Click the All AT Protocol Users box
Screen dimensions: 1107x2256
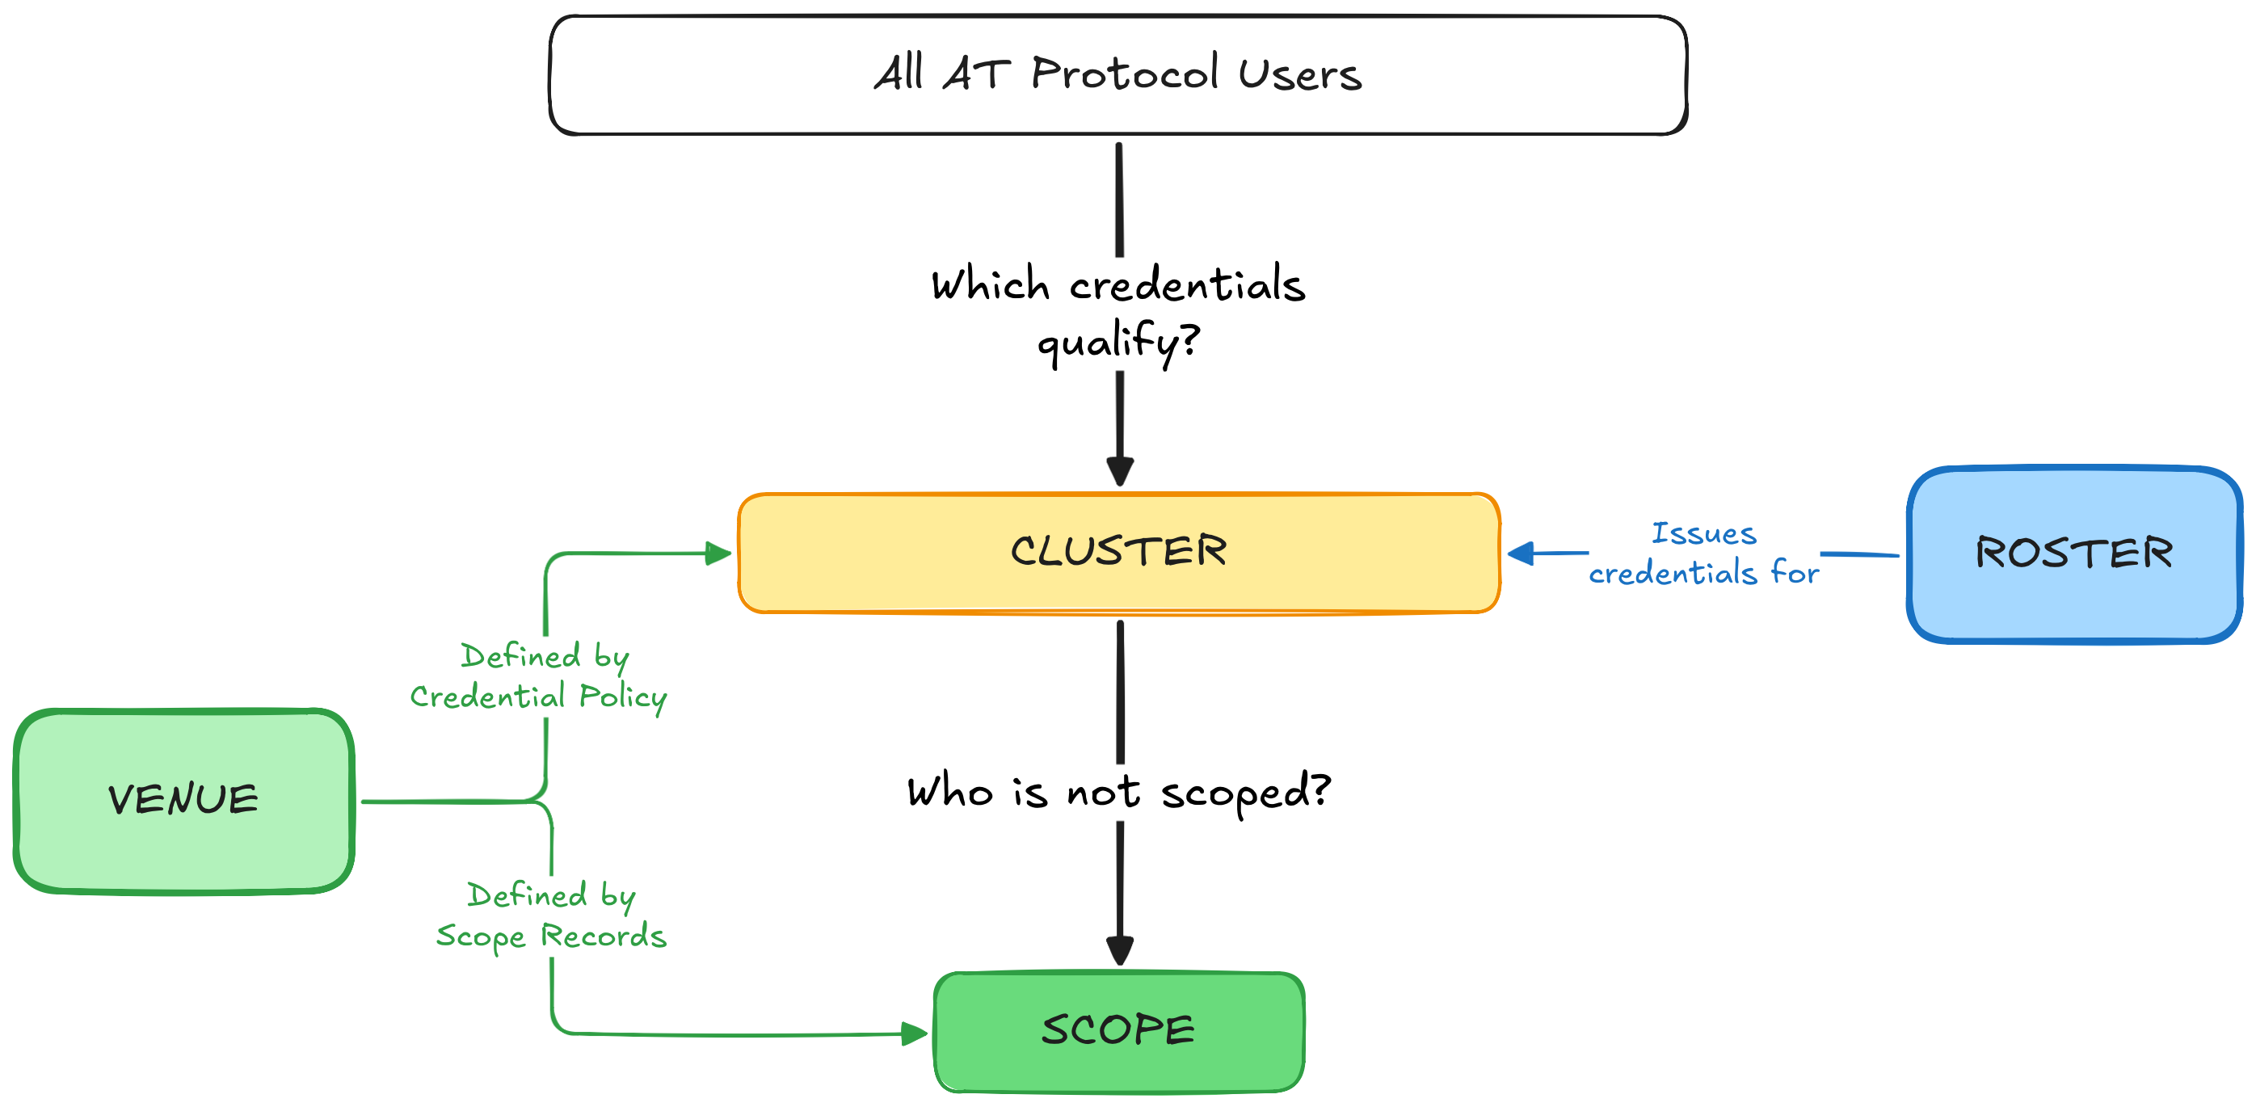pyautogui.click(x=1117, y=74)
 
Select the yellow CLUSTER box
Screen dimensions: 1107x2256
pyautogui.click(x=1118, y=553)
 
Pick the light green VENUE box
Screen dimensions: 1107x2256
pyautogui.click(x=183, y=801)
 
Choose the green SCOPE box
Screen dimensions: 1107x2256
pyautogui.click(x=1118, y=1031)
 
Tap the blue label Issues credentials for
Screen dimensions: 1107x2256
pyautogui.click(x=1703, y=553)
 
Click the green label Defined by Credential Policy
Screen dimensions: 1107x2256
pyautogui.click(x=540, y=677)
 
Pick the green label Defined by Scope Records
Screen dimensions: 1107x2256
pyautogui.click(x=552, y=916)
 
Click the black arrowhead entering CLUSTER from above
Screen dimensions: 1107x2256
pyautogui.click(x=1120, y=471)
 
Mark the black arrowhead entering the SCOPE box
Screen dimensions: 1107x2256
pyautogui.click(x=1120, y=950)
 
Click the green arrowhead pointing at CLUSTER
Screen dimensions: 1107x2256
pyautogui.click(x=718, y=553)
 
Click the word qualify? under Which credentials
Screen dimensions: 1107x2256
pyautogui.click(x=1118, y=342)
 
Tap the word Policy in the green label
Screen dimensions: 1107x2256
pyautogui.click(x=623, y=698)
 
